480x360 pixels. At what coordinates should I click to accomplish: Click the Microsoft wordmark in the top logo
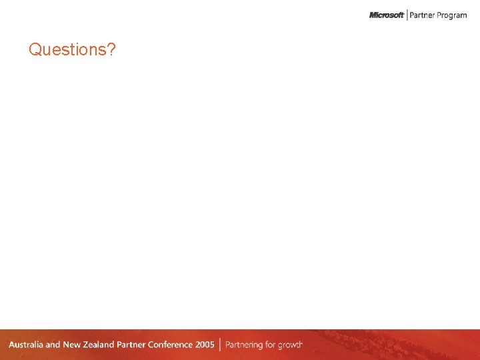click(x=387, y=15)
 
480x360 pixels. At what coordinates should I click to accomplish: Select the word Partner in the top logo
click(x=423, y=15)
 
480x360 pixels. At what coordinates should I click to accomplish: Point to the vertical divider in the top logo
click(x=407, y=15)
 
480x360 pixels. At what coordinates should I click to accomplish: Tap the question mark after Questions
click(x=111, y=49)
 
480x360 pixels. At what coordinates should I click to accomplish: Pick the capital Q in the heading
click(x=35, y=50)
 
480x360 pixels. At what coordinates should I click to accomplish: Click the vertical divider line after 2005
click(x=220, y=345)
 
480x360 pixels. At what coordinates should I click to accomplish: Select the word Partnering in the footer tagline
click(x=247, y=345)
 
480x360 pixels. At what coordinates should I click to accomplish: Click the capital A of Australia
click(x=12, y=345)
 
